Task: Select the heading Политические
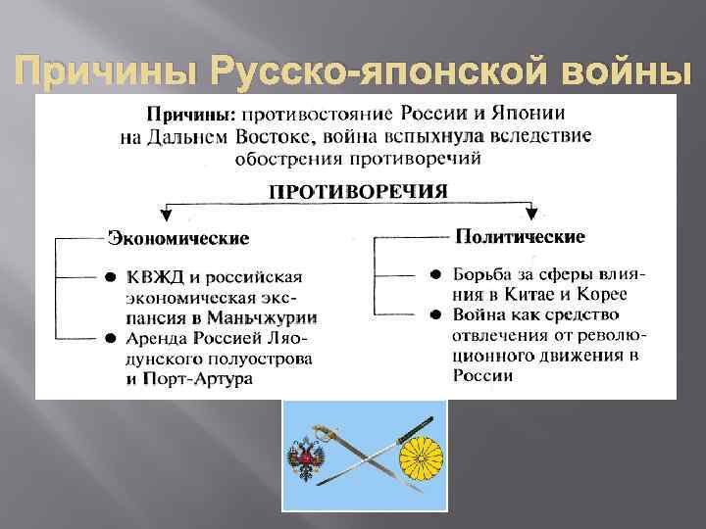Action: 506,237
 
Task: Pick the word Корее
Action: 604,294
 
